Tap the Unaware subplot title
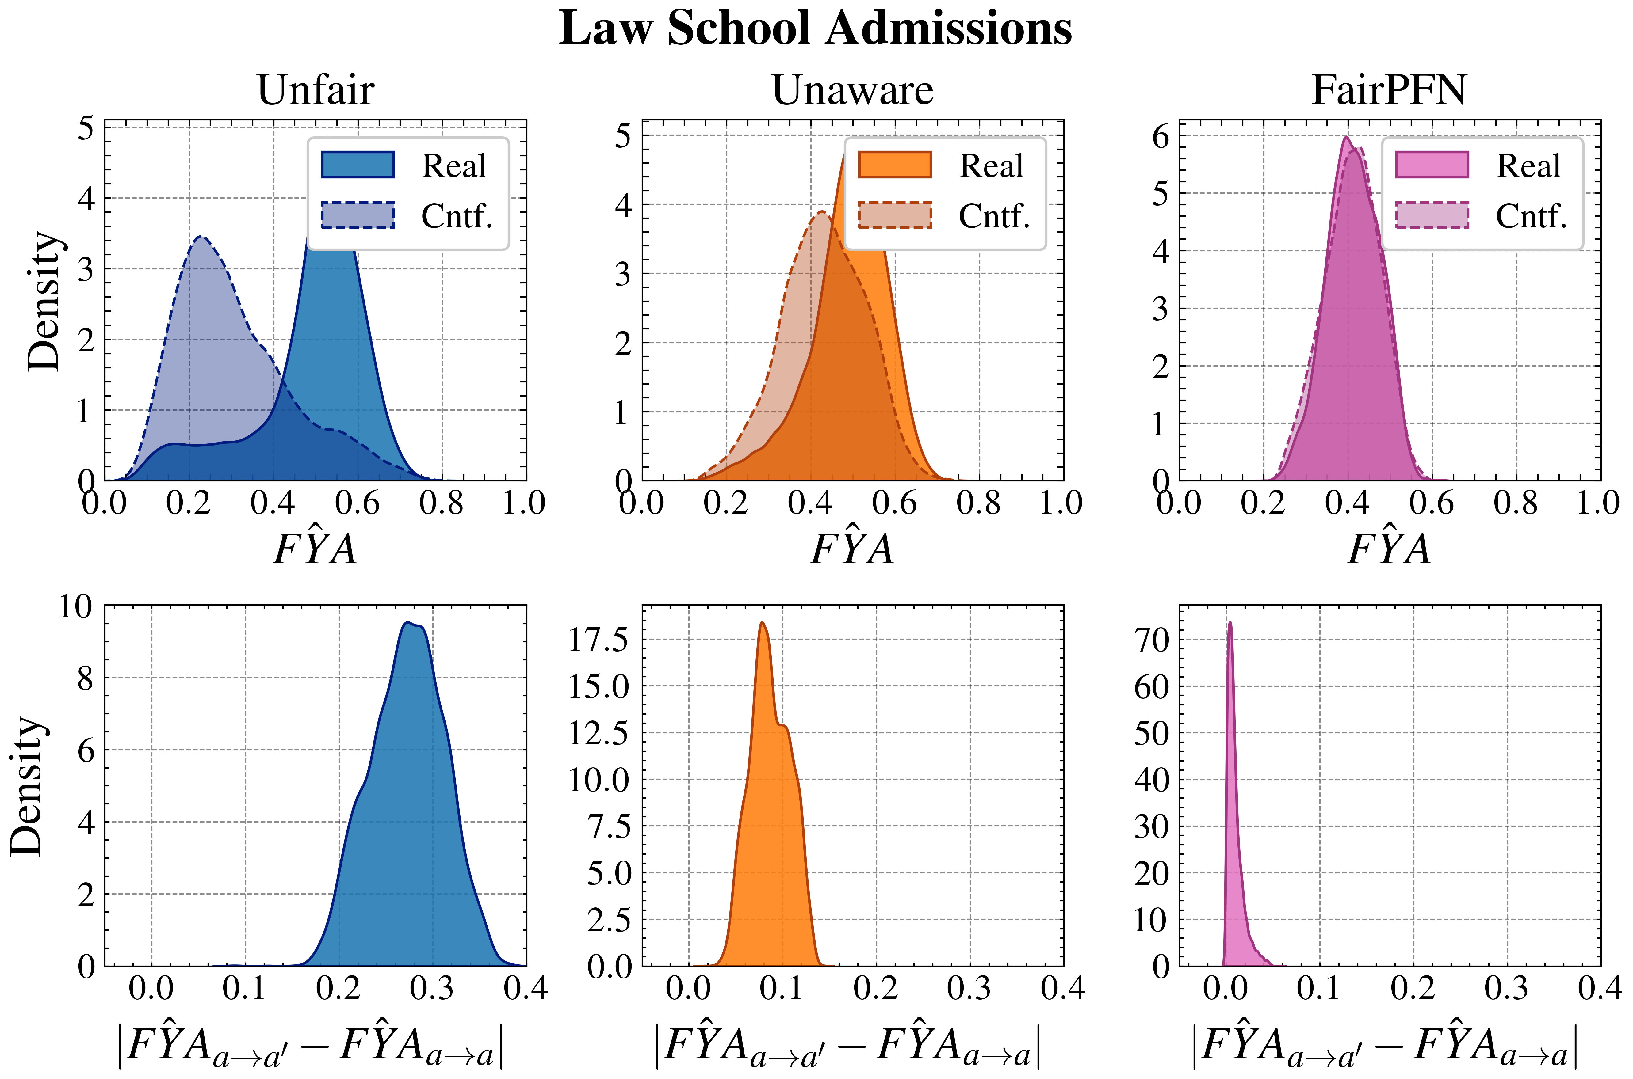coord(852,90)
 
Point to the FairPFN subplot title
coord(1389,90)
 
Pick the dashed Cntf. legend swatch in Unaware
coord(894,215)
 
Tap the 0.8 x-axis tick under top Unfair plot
coord(441,503)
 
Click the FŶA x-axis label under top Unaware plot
coord(852,549)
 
